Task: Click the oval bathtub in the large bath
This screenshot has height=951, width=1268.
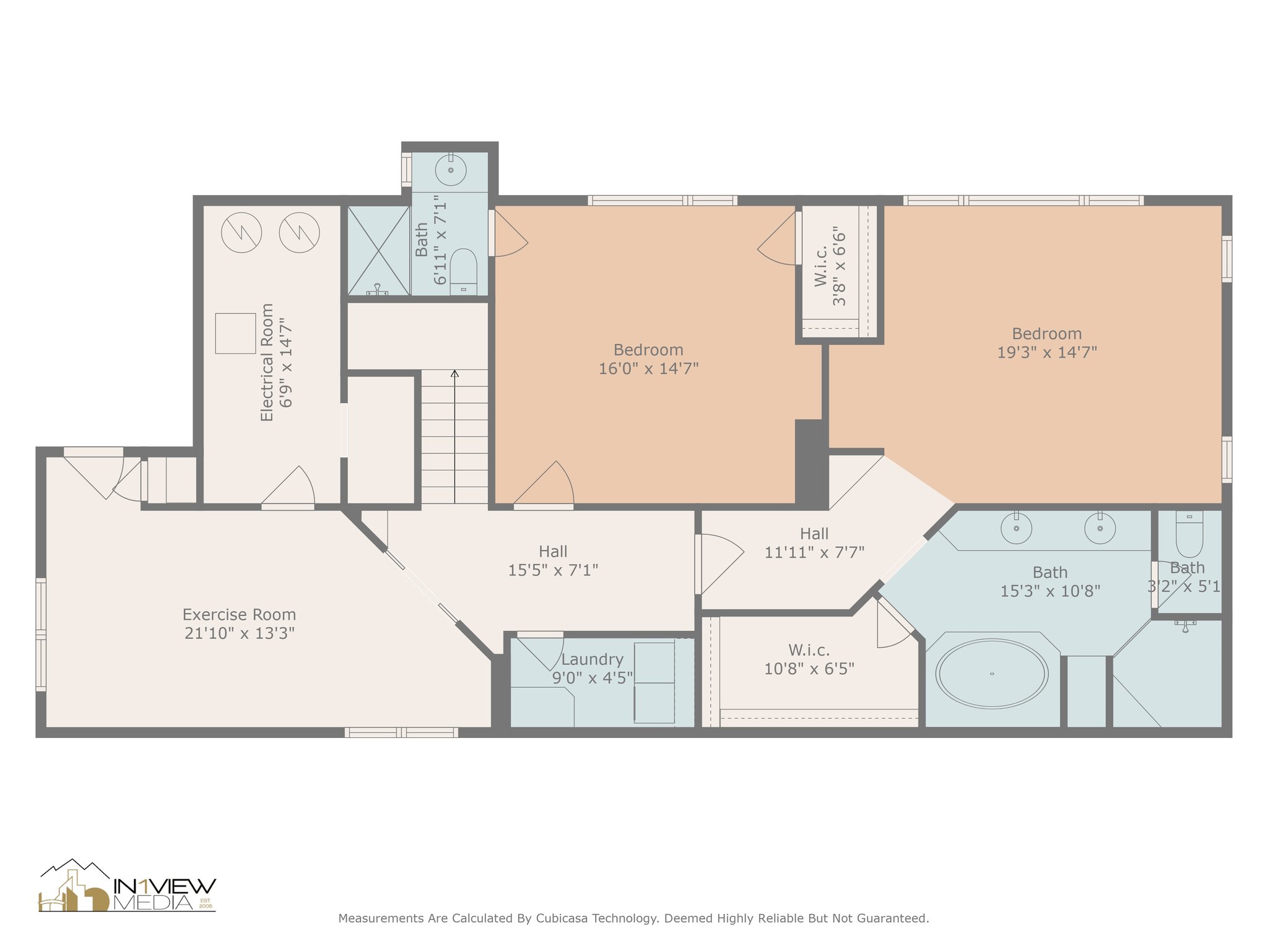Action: point(991,674)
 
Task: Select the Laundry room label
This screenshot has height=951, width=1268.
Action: point(592,659)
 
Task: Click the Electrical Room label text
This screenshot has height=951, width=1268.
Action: point(267,362)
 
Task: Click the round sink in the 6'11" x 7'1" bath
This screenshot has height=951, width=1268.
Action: point(451,169)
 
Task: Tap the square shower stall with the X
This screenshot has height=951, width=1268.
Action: point(378,250)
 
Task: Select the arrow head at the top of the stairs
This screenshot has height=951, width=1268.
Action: point(454,373)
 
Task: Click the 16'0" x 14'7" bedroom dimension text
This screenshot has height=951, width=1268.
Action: point(648,368)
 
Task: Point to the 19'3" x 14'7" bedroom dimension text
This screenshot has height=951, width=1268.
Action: point(1047,352)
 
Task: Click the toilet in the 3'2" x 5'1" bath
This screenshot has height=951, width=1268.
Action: point(1189,533)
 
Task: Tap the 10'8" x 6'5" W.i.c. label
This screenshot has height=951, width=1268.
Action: point(809,659)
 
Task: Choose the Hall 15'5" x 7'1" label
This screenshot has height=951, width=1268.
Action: point(553,560)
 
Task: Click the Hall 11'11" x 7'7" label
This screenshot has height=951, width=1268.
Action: point(814,542)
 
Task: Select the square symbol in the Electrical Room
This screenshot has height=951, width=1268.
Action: point(235,333)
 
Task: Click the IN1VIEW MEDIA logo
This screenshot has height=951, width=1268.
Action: point(128,886)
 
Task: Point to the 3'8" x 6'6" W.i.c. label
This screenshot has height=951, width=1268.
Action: point(830,266)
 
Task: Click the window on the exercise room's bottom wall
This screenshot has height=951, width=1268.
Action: point(401,732)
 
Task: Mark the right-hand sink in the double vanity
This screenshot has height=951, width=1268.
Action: point(1100,528)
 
